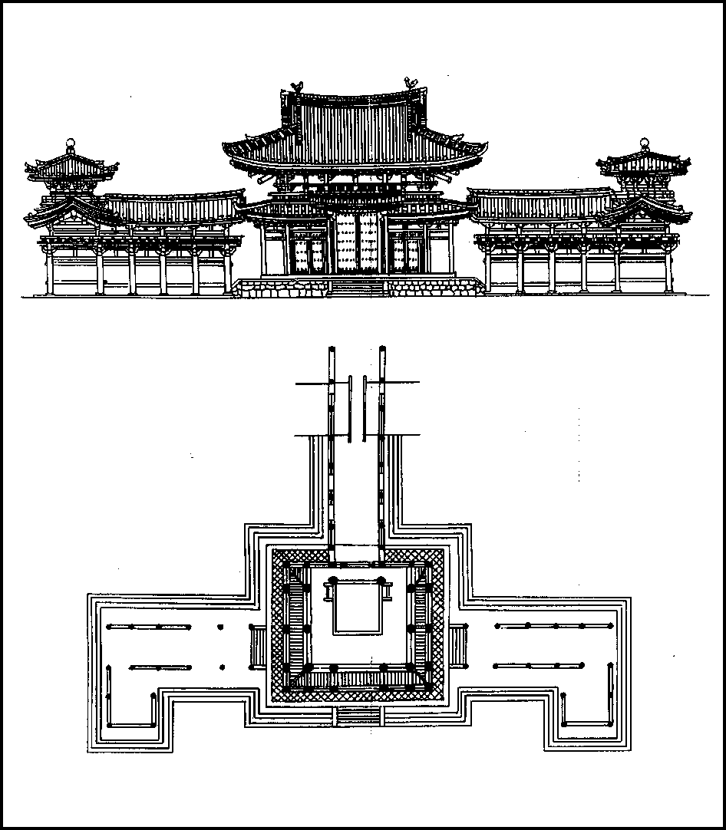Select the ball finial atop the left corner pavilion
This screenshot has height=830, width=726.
coord(71,143)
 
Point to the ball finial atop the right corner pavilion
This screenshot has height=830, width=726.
coord(644,143)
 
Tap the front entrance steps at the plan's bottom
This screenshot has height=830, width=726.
coord(358,715)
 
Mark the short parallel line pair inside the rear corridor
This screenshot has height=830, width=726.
coord(357,408)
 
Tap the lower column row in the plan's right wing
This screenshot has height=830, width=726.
coord(539,665)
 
